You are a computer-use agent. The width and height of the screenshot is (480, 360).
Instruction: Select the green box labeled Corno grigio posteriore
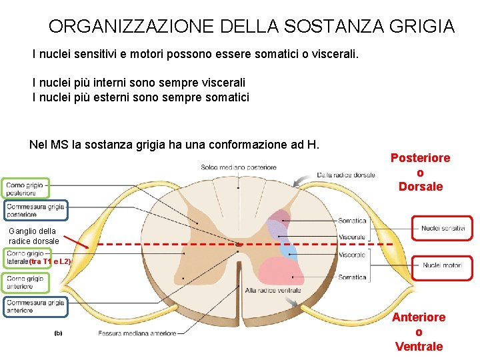pos(25,189)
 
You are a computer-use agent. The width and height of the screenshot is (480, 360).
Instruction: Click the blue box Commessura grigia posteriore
pos(36,211)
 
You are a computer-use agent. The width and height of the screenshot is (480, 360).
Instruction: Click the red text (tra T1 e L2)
pos(50,262)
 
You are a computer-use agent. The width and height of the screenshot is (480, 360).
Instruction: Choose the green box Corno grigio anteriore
pos(25,283)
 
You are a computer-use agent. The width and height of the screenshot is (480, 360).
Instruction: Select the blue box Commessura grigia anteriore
pos(36,307)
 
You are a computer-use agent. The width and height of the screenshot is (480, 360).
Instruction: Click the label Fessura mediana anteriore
pos(137,333)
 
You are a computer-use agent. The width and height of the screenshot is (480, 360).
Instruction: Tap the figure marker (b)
pos(59,333)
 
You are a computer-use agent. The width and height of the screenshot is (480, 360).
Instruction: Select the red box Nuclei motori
pos(442,265)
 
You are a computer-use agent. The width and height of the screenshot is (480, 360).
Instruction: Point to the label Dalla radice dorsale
pos(346,175)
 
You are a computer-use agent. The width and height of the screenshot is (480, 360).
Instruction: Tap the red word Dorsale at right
pos(420,187)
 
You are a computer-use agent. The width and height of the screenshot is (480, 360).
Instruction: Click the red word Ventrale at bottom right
pos(419,346)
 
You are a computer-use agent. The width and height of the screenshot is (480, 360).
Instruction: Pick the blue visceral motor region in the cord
pos(287,250)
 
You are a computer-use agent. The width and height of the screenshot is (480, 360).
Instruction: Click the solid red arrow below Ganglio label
pos(77,244)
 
